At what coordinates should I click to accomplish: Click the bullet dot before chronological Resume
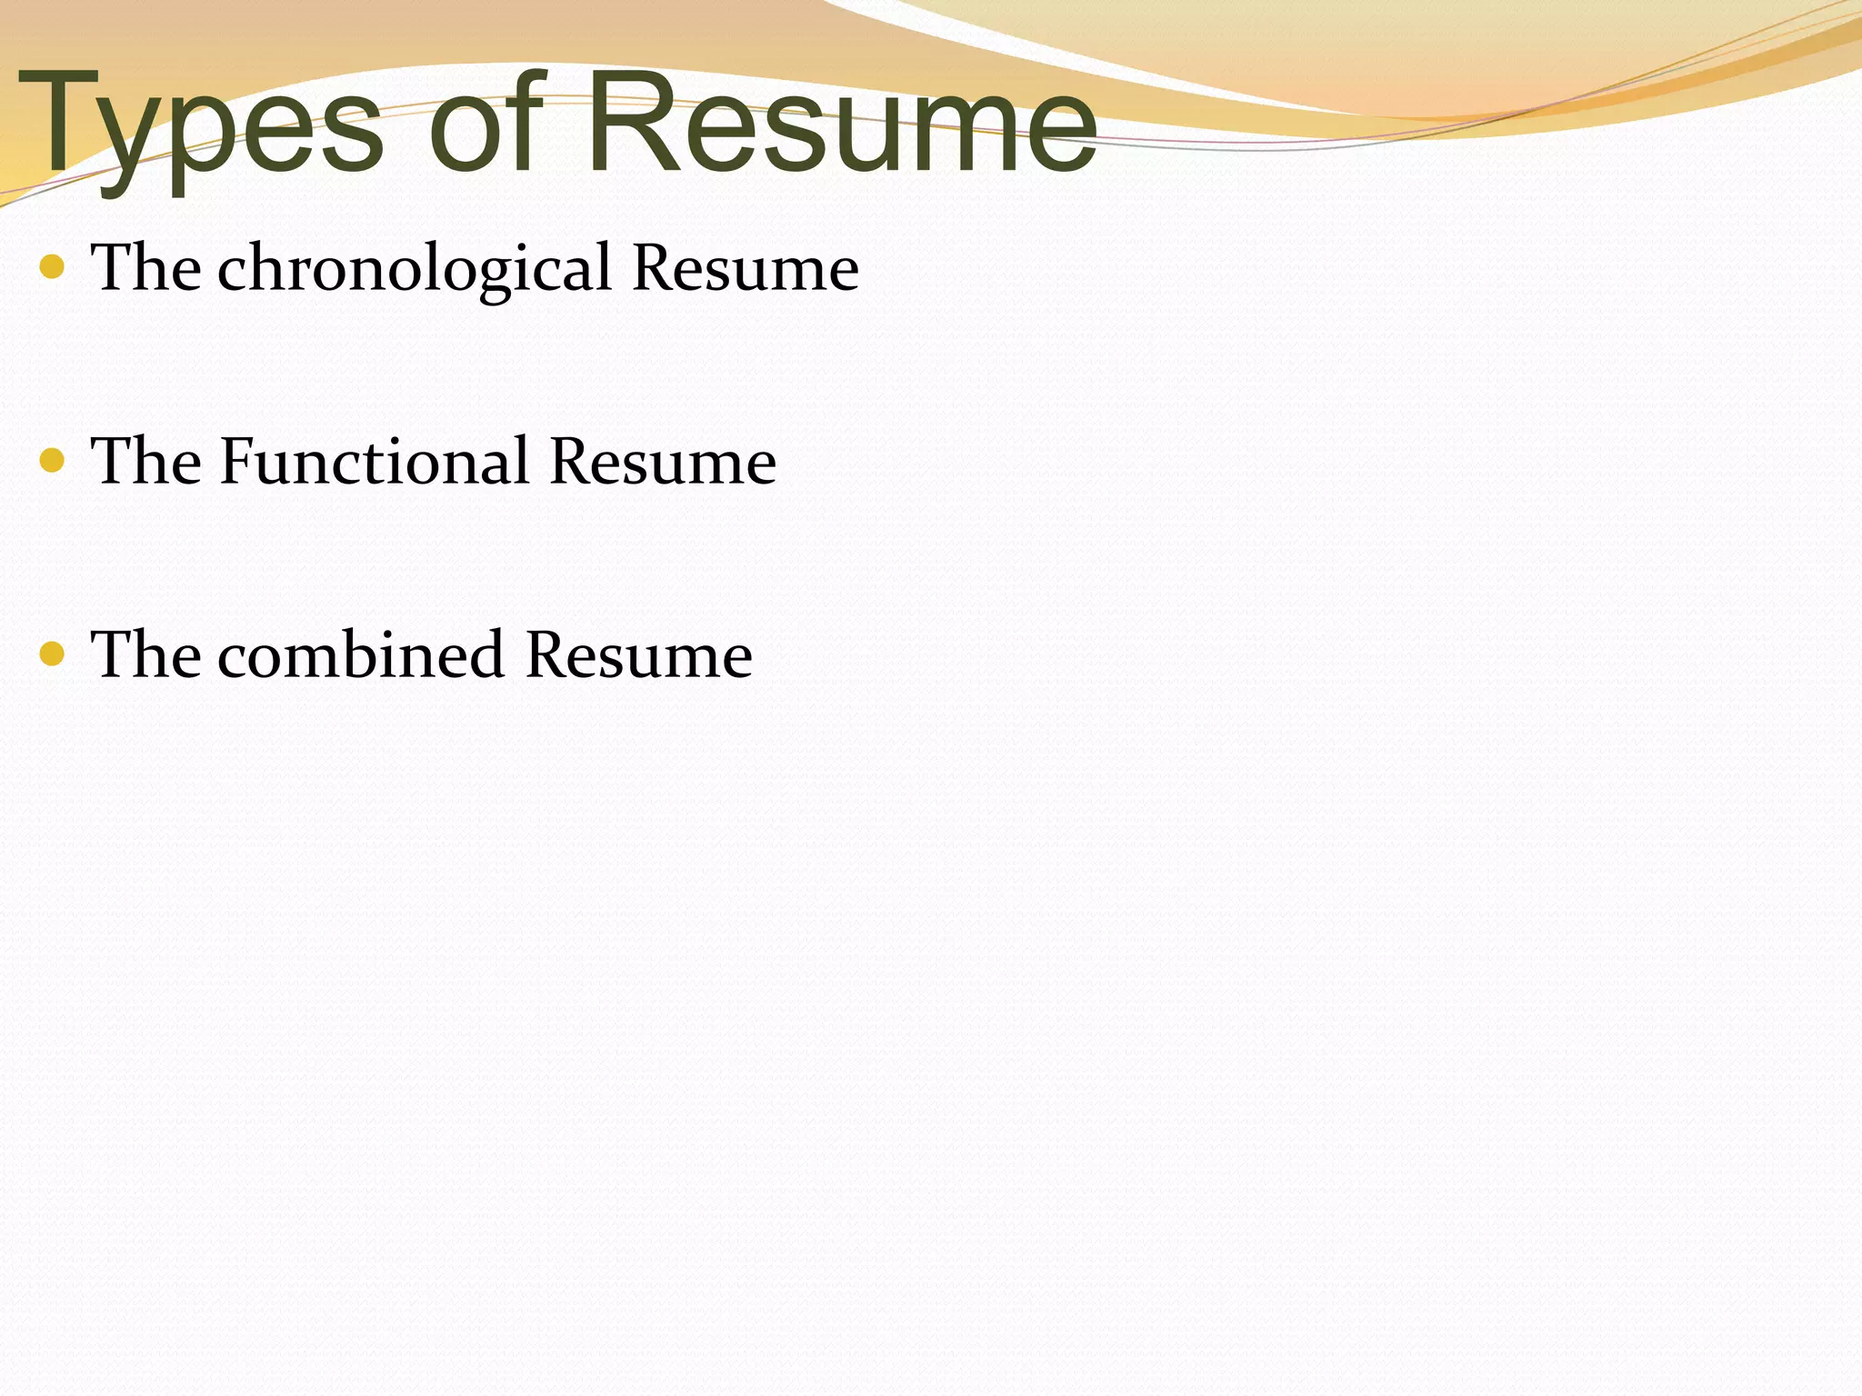(x=53, y=267)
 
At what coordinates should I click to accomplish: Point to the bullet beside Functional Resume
(x=53, y=461)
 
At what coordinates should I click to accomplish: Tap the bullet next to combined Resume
(x=53, y=653)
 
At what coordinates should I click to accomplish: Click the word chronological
(x=415, y=270)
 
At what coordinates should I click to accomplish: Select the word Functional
(x=374, y=461)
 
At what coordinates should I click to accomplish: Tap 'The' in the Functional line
(x=146, y=461)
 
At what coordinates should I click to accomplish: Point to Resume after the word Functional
(x=663, y=462)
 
